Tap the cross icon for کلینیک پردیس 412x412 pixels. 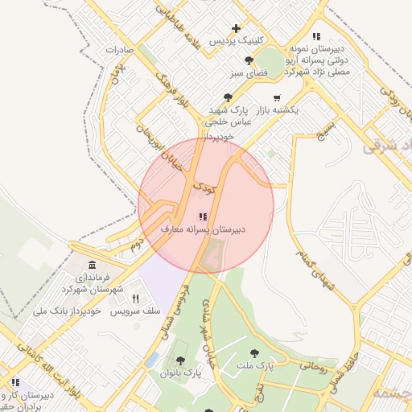pyautogui.click(x=236, y=29)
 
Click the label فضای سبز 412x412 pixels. pyautogui.click(x=249, y=73)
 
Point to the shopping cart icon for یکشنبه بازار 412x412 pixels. pyautogui.click(x=277, y=97)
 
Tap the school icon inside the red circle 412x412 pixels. pyautogui.click(x=201, y=216)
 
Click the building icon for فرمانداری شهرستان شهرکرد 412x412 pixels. pyautogui.click(x=93, y=266)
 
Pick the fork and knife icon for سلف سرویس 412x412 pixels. pyautogui.click(x=135, y=299)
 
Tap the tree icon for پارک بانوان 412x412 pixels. pyautogui.click(x=179, y=360)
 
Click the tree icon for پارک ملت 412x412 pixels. pyautogui.click(x=254, y=352)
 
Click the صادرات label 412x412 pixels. pyautogui.click(x=118, y=50)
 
